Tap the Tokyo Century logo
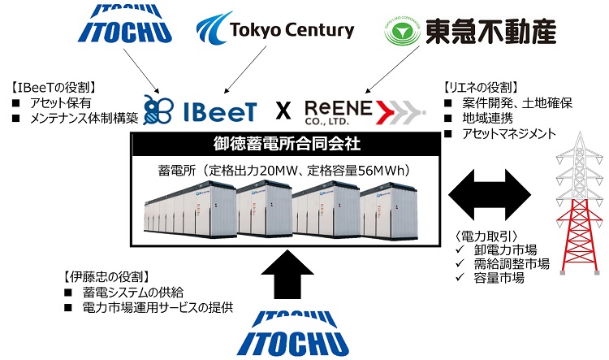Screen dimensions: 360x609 275,31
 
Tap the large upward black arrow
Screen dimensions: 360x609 287,271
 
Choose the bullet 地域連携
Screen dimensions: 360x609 483,119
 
